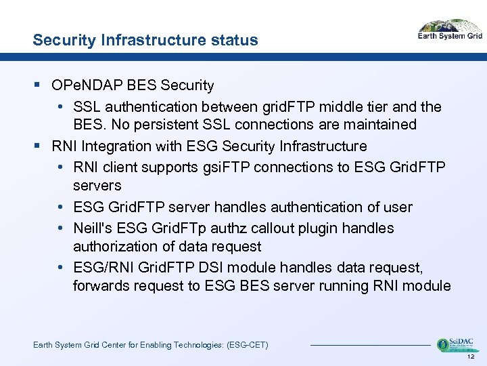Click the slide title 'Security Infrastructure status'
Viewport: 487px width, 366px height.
pos(145,40)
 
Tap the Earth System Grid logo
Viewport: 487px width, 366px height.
pos(449,30)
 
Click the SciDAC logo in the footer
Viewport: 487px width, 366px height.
pos(455,345)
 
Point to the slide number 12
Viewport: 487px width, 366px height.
pos(472,357)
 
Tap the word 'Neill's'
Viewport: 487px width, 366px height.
pos(94,228)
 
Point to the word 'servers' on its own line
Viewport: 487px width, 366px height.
pos(97,186)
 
